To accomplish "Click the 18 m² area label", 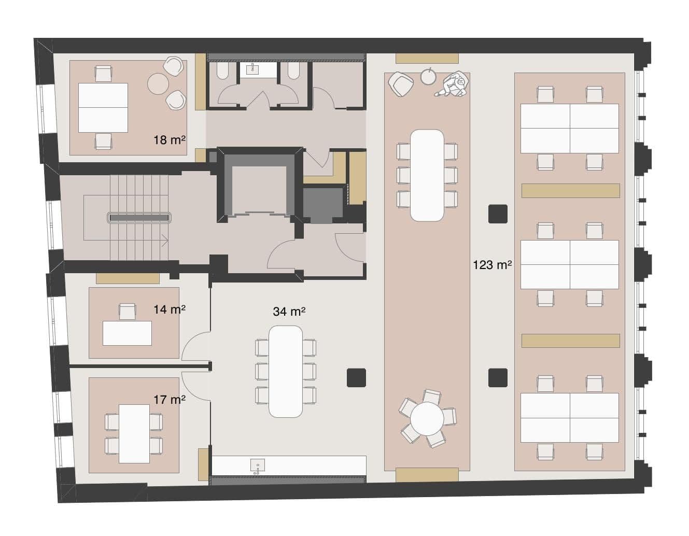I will tap(170, 140).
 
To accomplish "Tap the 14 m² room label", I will tap(170, 309).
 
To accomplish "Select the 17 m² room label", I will tap(170, 400).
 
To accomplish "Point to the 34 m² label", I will tap(289, 312).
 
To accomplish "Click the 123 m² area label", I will tap(492, 265).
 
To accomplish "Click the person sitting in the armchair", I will tap(455, 84).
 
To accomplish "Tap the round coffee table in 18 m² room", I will tap(158, 83).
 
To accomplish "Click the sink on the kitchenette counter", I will tap(258, 465).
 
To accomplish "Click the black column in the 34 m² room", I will tap(357, 377).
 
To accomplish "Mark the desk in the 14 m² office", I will tap(127, 333).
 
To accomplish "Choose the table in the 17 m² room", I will tap(134, 433).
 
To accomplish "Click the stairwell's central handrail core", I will tap(139, 218).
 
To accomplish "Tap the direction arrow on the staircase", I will tap(165, 240).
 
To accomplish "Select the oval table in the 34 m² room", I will tap(286, 371).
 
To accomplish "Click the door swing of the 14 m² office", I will tap(196, 346).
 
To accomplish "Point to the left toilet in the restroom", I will tap(222, 71).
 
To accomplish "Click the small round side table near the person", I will tap(428, 77).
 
